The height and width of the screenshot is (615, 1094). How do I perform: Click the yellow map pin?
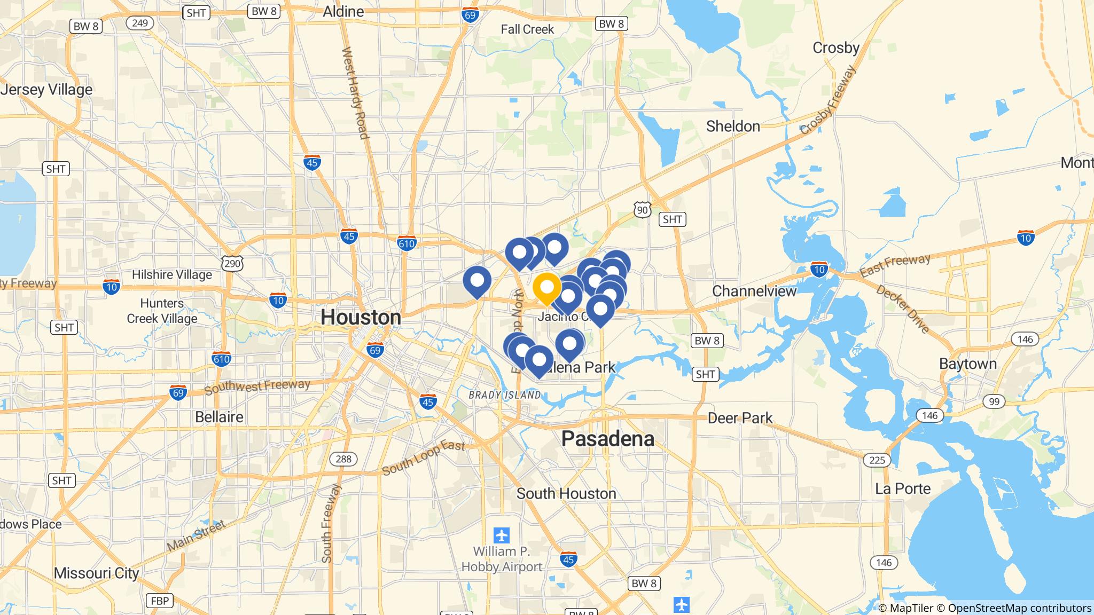[x=546, y=288]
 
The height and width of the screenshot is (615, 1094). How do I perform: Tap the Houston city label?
[x=361, y=317]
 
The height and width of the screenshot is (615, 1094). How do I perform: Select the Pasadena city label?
[x=608, y=439]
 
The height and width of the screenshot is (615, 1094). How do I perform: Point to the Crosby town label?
[x=835, y=48]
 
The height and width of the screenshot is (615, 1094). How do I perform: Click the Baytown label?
[x=968, y=364]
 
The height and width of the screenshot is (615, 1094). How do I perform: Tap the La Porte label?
[x=903, y=488]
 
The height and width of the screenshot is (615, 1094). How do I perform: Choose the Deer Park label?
[x=740, y=417]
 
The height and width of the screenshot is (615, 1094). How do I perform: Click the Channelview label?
[x=754, y=291]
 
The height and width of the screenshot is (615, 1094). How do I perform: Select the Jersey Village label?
[x=47, y=90]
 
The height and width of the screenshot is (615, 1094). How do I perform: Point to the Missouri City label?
[x=97, y=573]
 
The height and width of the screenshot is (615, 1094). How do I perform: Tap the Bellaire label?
[x=219, y=417]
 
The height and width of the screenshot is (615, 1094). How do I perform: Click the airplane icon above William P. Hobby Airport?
[x=502, y=534]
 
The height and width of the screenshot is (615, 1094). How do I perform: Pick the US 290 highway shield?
[x=232, y=263]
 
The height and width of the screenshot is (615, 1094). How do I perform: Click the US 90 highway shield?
[x=642, y=210]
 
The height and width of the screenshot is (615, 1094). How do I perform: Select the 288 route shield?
[x=340, y=459]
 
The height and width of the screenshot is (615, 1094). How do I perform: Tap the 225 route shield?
[x=877, y=460]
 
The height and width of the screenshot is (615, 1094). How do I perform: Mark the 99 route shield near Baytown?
[x=994, y=401]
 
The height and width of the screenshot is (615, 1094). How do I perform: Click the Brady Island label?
[x=504, y=395]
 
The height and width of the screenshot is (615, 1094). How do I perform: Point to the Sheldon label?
[x=733, y=127]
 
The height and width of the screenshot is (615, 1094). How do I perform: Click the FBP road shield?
[x=160, y=601]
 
